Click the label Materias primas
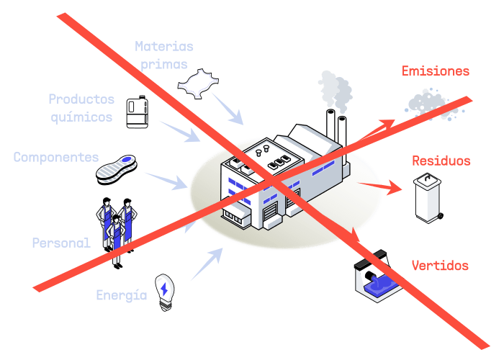click(x=164, y=55)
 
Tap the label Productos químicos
click(x=81, y=107)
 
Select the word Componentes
click(x=56, y=157)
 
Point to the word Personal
click(x=61, y=243)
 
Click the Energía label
click(x=122, y=295)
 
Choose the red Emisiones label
click(x=435, y=71)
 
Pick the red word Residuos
click(x=441, y=161)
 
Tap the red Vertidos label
click(x=440, y=266)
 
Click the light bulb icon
click(x=165, y=291)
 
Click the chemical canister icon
click(x=137, y=112)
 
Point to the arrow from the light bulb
click(x=207, y=264)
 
